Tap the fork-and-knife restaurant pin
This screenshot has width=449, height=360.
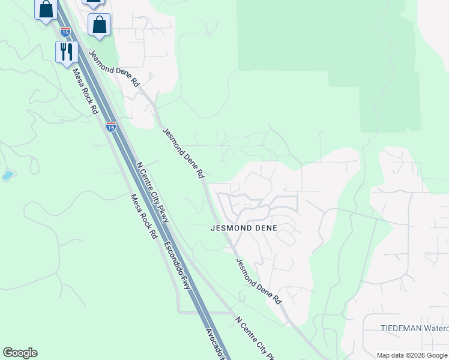65,52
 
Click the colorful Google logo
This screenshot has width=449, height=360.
20,353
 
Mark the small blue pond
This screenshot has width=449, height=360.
8,175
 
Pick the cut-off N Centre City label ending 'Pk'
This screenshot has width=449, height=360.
255,338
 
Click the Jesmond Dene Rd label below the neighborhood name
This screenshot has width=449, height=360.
258,281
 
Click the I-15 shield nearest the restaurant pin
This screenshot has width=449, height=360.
65,31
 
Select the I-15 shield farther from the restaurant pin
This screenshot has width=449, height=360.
111,127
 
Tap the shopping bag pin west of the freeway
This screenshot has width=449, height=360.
46,10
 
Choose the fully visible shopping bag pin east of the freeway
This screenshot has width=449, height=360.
99,25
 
